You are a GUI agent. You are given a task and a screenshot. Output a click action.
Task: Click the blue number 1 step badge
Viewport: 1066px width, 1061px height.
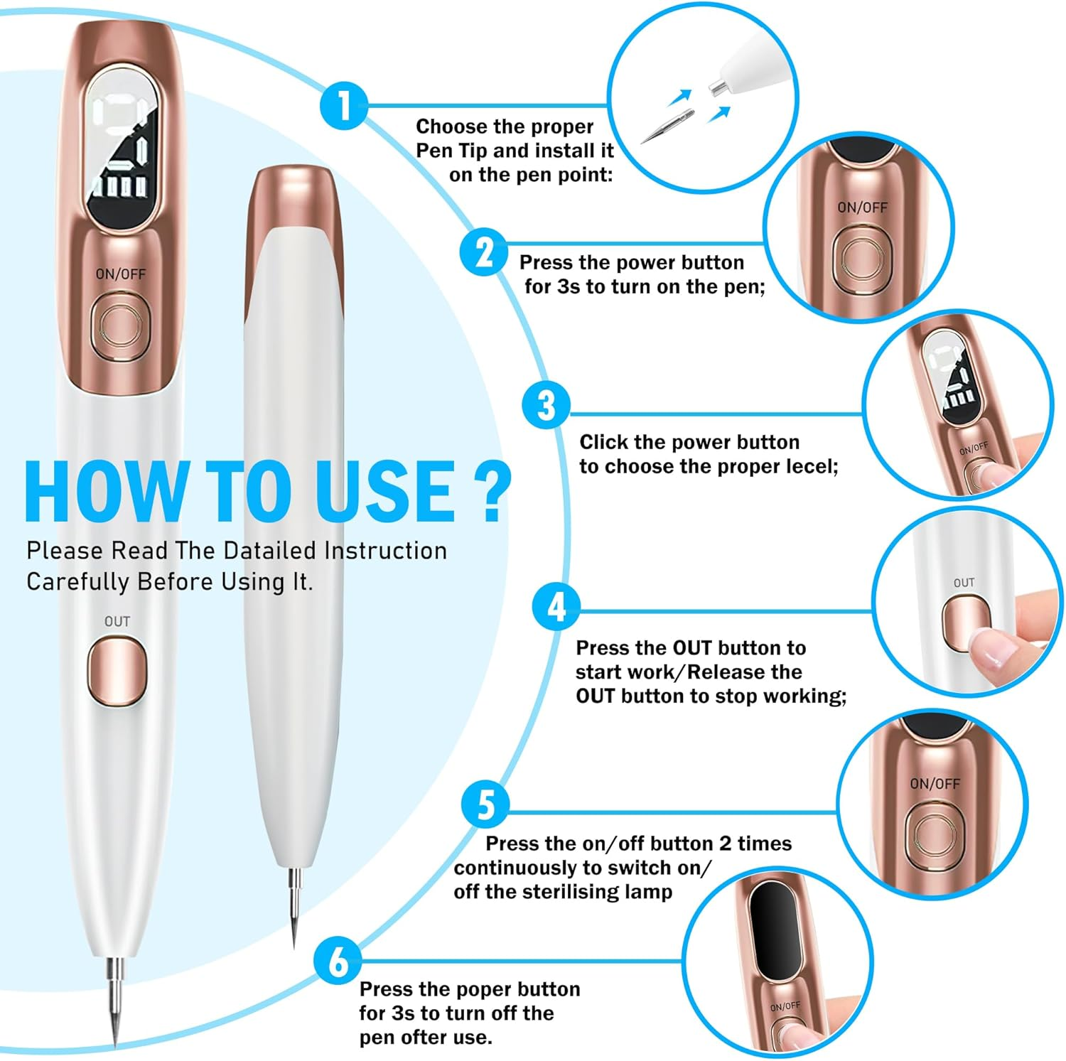(x=344, y=106)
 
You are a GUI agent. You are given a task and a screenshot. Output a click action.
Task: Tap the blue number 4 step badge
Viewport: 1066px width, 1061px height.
(x=556, y=607)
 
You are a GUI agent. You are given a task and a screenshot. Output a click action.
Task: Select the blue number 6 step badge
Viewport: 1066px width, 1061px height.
(x=338, y=961)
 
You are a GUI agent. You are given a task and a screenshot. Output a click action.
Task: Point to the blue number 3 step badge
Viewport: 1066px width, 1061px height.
(x=546, y=405)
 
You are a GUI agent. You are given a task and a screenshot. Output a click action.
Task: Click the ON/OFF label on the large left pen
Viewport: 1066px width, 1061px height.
(x=121, y=274)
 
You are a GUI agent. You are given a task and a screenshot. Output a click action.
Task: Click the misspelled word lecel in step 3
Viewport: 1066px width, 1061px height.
(x=813, y=467)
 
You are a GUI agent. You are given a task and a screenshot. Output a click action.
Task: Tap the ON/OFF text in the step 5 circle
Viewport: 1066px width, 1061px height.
(x=935, y=783)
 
